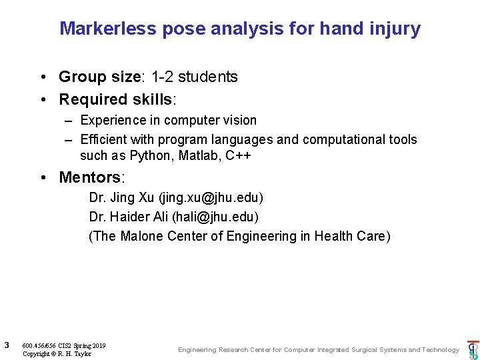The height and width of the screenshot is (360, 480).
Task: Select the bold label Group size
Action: coord(99,77)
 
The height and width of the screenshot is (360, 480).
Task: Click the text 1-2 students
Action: coord(194,77)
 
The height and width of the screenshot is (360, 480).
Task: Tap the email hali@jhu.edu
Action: coord(215,217)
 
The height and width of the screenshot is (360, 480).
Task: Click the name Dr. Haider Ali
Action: coord(129,217)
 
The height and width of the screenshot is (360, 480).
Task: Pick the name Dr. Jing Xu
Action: coord(122,198)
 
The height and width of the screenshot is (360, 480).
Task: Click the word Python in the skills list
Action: coord(149,155)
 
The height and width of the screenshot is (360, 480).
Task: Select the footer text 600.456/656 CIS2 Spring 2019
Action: coord(63,345)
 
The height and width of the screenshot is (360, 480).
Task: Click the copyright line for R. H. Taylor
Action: coord(57,353)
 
